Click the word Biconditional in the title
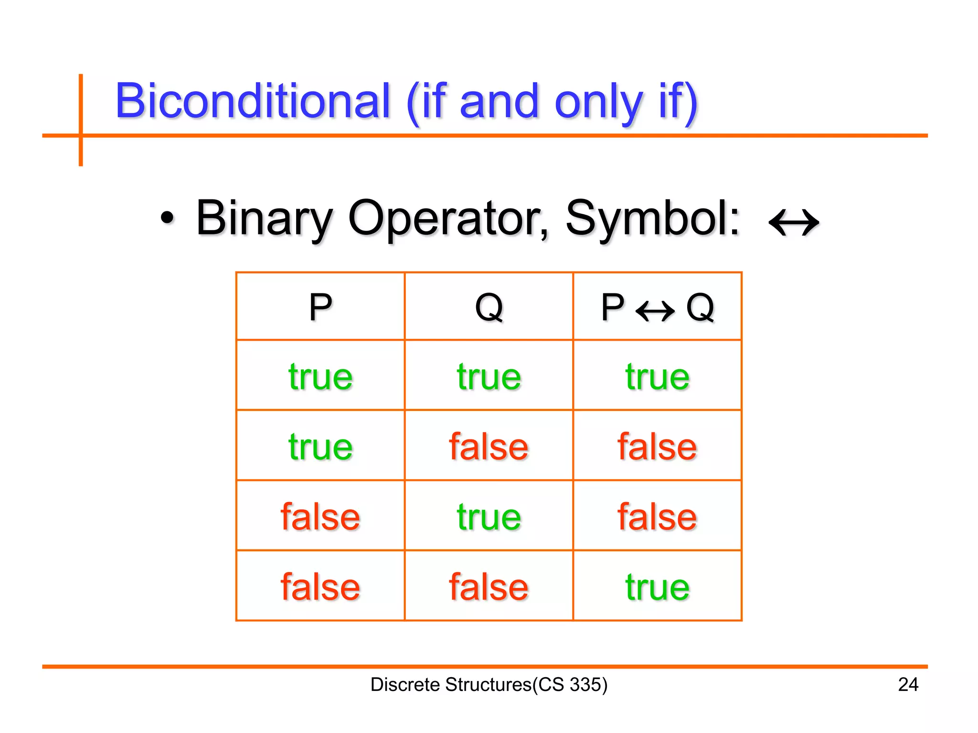[253, 101]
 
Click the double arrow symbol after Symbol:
[794, 222]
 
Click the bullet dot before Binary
[167, 219]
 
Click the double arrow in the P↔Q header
[655, 311]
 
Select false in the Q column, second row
[489, 447]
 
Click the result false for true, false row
[657, 447]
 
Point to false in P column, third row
[320, 517]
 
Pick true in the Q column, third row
[489, 517]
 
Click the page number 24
[908, 685]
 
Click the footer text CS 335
[569, 685]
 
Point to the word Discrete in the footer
[405, 685]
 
